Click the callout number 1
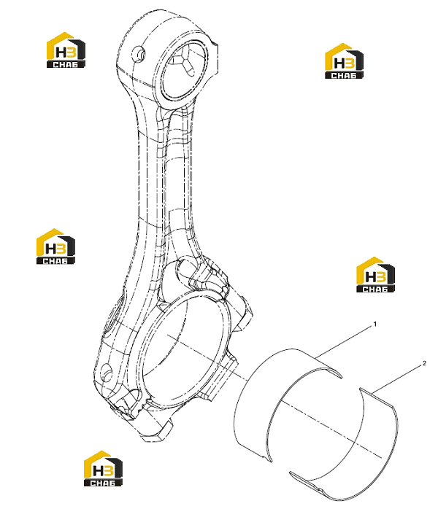pyautogui.click(x=374, y=324)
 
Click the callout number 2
pyautogui.click(x=424, y=363)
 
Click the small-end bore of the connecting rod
pyautogui.click(x=183, y=70)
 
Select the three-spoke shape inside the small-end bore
pyautogui.click(x=185, y=62)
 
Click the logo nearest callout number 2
pyautogui.click(x=376, y=275)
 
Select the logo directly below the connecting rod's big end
pyautogui.click(x=104, y=468)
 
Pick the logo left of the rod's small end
pyautogui.click(x=66, y=50)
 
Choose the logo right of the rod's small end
pyautogui.click(x=344, y=61)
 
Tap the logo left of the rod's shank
pyautogui.click(x=55, y=246)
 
